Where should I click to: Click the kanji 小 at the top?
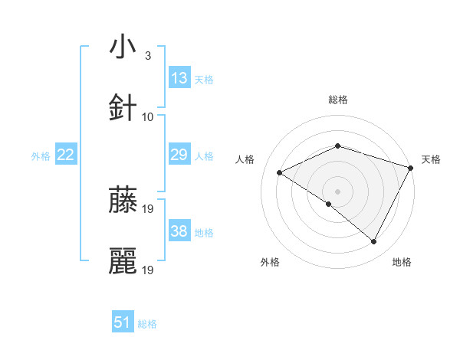(x=123, y=47)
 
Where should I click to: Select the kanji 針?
(x=123, y=108)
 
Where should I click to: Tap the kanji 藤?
(x=123, y=201)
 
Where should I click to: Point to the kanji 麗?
(x=123, y=261)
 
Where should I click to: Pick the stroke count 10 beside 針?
(x=148, y=117)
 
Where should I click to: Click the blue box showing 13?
(x=179, y=78)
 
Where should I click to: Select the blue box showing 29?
(x=179, y=155)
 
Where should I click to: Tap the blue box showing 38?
(x=179, y=231)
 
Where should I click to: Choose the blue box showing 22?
(x=66, y=155)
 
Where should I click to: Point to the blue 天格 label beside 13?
(x=204, y=79)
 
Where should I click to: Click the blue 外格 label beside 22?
(x=41, y=155)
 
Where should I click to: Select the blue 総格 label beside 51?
(x=147, y=323)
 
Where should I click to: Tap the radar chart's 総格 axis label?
(x=338, y=100)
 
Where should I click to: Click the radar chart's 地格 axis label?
(x=402, y=263)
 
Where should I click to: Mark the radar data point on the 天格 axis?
(x=411, y=168)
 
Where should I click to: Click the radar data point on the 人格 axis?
(x=280, y=173)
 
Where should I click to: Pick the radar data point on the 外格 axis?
(x=329, y=204)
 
